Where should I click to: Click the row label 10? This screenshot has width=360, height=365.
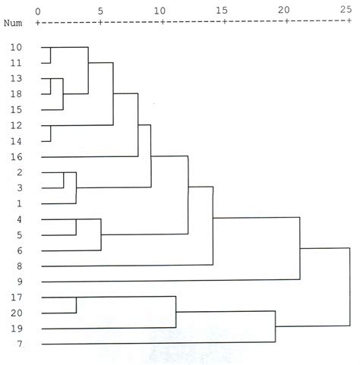point(17,47)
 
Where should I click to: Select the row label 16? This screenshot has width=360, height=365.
point(17,157)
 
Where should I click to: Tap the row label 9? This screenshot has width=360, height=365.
point(17,281)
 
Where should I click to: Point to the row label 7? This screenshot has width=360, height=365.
point(17,345)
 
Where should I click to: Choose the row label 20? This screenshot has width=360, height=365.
point(17,313)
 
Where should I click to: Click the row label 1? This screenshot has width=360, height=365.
point(17,203)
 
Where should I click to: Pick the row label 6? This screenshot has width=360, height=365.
point(17,250)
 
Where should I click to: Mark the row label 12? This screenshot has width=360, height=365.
point(17,125)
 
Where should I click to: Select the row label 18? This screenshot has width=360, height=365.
point(17,94)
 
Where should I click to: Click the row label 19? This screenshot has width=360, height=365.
point(17,329)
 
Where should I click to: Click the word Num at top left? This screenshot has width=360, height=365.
point(13,23)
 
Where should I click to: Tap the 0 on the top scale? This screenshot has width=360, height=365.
point(38,10)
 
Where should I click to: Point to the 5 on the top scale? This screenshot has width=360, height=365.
point(100,10)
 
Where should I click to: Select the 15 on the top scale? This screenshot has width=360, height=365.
point(222,10)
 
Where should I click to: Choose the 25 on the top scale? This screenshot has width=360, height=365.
point(346,10)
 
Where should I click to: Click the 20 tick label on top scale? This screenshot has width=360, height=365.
point(284,10)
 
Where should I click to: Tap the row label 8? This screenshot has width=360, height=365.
point(17,266)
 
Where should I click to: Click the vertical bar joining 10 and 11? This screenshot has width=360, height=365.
point(51,55)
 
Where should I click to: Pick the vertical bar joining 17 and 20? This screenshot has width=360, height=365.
point(76,305)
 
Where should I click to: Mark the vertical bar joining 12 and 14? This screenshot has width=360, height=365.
point(51,134)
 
